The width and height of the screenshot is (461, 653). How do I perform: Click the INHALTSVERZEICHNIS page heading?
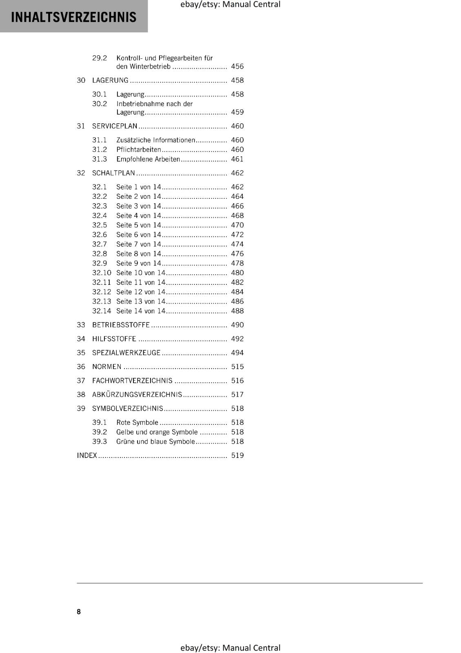pyautogui.click(x=73, y=17)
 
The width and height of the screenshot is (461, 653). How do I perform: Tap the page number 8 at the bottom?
pyautogui.click(x=79, y=611)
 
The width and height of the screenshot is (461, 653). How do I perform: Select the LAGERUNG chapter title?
pyautogui.click(x=110, y=80)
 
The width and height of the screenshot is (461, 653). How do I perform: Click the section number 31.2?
pyautogui.click(x=99, y=149)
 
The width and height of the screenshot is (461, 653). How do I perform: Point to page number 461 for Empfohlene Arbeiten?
pyautogui.click(x=237, y=159)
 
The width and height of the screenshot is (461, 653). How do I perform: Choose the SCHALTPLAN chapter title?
pyautogui.click(x=113, y=173)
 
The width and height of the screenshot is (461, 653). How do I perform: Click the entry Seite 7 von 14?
pyautogui.click(x=139, y=244)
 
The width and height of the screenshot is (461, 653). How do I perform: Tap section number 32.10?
pyautogui.click(x=101, y=273)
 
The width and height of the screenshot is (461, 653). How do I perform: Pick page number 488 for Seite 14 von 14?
pyautogui.click(x=237, y=311)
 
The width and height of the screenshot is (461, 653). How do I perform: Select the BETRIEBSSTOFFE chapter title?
pyautogui.click(x=121, y=325)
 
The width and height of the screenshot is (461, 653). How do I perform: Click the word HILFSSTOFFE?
pyautogui.click(x=114, y=339)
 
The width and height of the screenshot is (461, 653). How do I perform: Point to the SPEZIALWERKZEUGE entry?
pyautogui.click(x=126, y=353)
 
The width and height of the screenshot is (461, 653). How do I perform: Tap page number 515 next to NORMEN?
pyautogui.click(x=237, y=366)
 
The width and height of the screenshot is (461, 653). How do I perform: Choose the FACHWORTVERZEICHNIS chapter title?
pyautogui.click(x=132, y=380)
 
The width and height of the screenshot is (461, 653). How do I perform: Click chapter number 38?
pyautogui.click(x=81, y=394)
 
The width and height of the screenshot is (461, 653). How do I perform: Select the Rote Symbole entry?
pyautogui.click(x=137, y=422)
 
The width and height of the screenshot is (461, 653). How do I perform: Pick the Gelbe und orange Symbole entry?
pyautogui.click(x=157, y=432)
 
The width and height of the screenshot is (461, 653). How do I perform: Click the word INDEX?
pyautogui.click(x=87, y=455)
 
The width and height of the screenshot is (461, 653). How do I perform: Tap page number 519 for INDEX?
pyautogui.click(x=237, y=455)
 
